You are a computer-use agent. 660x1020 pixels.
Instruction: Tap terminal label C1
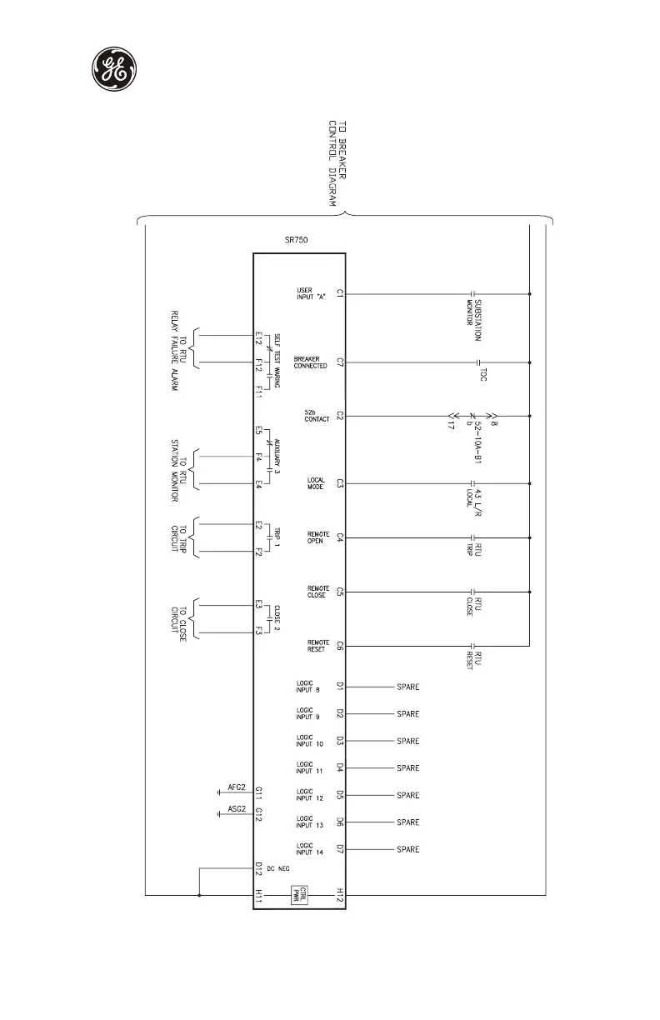coord(340,293)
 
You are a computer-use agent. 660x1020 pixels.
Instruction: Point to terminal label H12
coord(340,895)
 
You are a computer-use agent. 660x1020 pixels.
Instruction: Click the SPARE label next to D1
coord(407,687)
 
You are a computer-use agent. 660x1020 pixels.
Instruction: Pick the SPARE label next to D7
coord(407,849)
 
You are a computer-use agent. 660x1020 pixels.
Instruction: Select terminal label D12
coord(259,868)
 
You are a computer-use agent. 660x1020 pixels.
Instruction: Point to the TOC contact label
coord(482,375)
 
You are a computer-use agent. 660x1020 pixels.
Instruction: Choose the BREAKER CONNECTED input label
coord(310,362)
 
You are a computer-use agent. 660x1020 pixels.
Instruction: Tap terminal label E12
coord(259,337)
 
